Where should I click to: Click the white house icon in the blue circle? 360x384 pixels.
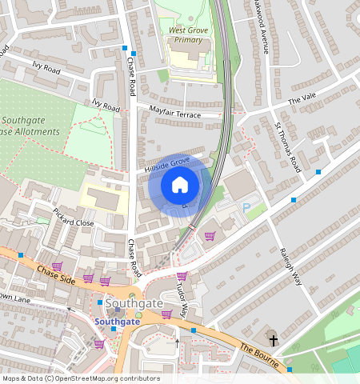(x=180, y=186)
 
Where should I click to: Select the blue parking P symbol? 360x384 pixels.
(x=246, y=207)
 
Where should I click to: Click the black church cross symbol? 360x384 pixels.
(x=273, y=340)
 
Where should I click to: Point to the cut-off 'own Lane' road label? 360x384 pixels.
(x=14, y=298)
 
